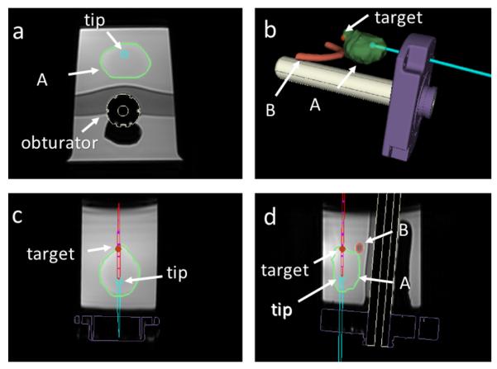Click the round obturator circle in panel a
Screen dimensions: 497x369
tap(123, 110)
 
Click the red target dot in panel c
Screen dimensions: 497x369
tap(118, 248)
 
